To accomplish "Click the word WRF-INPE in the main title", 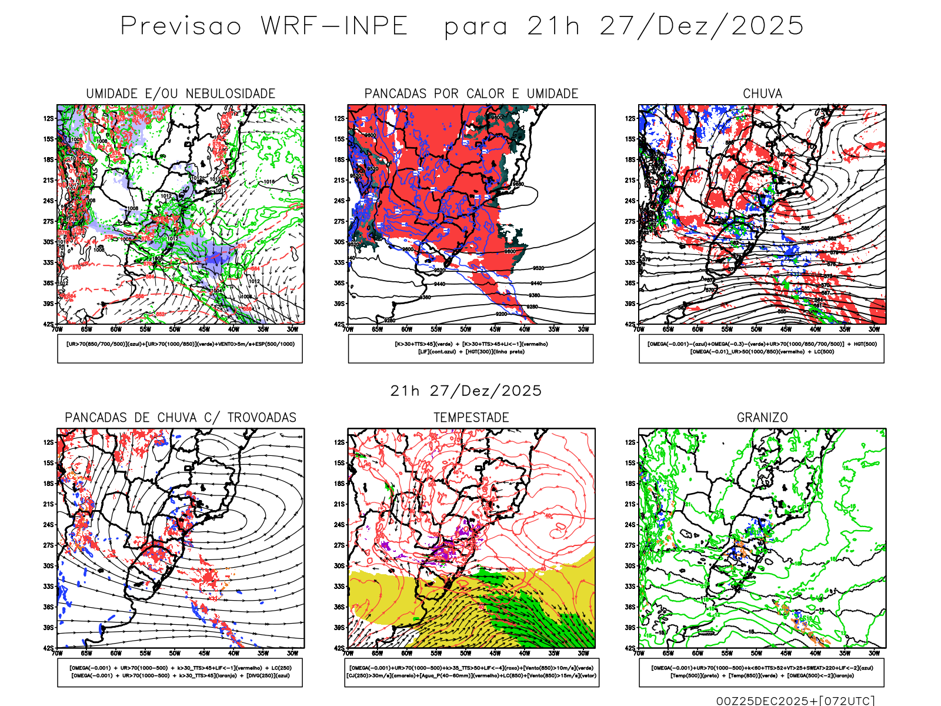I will pyautogui.click(x=334, y=26).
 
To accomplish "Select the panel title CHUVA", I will pyautogui.click(x=762, y=94).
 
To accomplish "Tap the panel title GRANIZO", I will pyautogui.click(x=762, y=418).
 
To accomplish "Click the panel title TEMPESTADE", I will pyautogui.click(x=471, y=418).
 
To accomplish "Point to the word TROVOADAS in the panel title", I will pyautogui.click(x=262, y=418).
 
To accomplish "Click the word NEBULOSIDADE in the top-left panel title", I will pyautogui.click(x=231, y=94).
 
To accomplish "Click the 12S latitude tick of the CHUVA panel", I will pyautogui.click(x=630, y=119).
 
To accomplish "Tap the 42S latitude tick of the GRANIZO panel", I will pyautogui.click(x=630, y=648).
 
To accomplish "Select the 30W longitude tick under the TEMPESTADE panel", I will pyautogui.click(x=583, y=653).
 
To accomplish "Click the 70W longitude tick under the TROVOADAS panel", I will pyautogui.click(x=57, y=653).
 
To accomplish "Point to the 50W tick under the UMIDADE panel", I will pyautogui.click(x=175, y=329).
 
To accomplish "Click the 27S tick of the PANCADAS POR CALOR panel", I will pyautogui.click(x=339, y=222).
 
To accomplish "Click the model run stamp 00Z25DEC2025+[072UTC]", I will pyautogui.click(x=795, y=700).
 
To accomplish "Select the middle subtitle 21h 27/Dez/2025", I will pyautogui.click(x=466, y=391).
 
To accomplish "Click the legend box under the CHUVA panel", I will pyautogui.click(x=762, y=348).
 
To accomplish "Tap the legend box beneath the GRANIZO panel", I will pyautogui.click(x=762, y=672).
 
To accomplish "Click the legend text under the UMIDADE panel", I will pyautogui.click(x=180, y=344).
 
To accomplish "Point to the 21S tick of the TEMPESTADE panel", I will pyautogui.click(x=339, y=504).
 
